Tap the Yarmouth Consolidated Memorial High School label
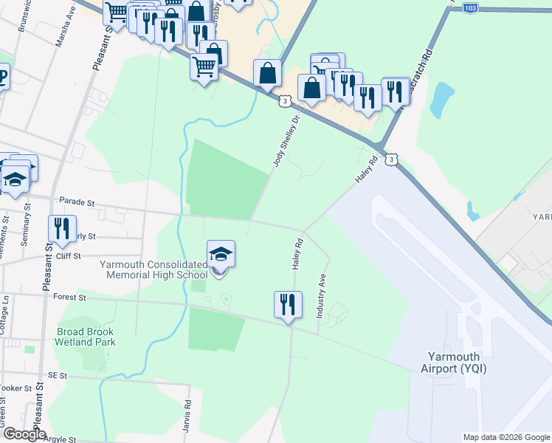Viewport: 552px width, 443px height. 154,269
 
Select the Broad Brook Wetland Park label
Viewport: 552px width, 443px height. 86,337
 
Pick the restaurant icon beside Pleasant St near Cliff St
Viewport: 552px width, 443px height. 62,230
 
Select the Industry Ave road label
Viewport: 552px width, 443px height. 321,295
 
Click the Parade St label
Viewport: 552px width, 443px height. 77,201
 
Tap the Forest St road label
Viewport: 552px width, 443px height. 70,298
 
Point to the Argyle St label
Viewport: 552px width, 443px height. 61,439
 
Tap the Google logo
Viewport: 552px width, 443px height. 24,434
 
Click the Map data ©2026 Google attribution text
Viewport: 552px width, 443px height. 506,437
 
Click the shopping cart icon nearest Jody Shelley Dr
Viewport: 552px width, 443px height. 204,68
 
